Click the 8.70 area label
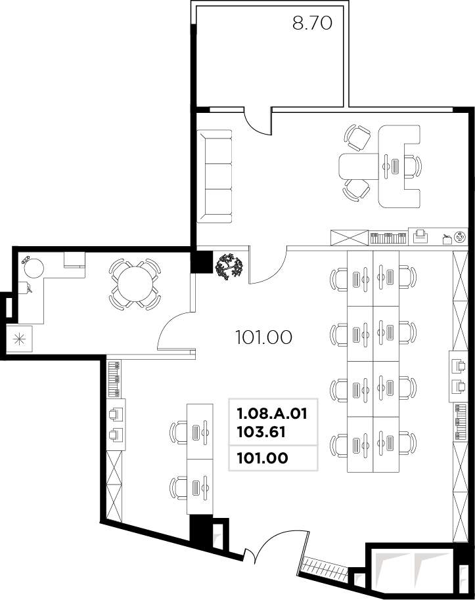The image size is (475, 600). [x=312, y=24]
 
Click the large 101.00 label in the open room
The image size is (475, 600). [x=263, y=337]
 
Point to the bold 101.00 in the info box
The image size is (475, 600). [x=261, y=459]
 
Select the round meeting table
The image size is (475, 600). [x=134, y=285]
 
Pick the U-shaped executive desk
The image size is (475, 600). [x=399, y=165]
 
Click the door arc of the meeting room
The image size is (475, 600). [x=174, y=333]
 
